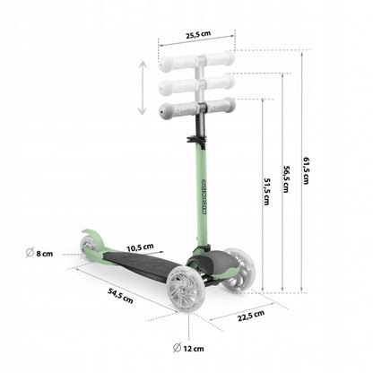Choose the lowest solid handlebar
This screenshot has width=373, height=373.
196,108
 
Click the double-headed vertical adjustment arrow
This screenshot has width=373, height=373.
142,88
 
